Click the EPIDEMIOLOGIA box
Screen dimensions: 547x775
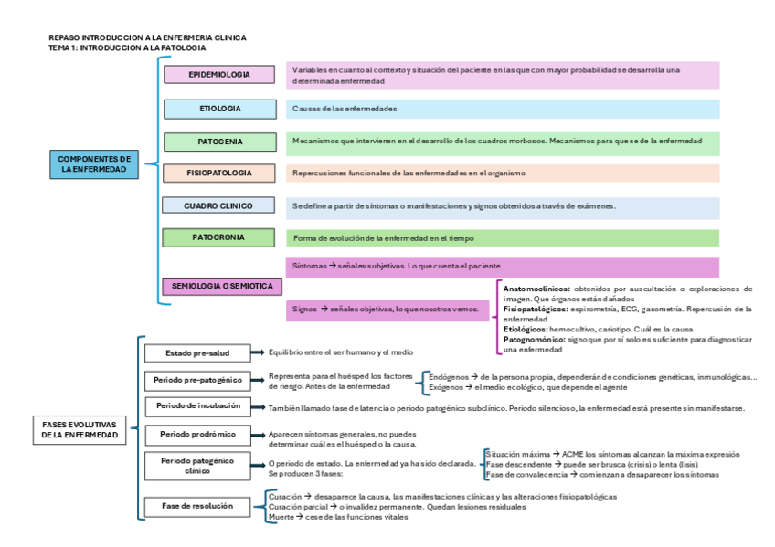pyautogui.click(x=219, y=74)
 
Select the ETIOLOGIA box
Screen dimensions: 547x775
pyautogui.click(x=219, y=109)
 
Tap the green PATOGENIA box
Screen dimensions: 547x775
pyautogui.click(x=219, y=142)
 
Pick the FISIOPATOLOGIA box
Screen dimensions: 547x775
pyautogui.click(x=219, y=173)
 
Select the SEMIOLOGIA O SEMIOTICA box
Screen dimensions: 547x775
pyautogui.click(x=222, y=286)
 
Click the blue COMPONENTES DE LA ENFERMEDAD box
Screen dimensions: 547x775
pyautogui.click(x=93, y=163)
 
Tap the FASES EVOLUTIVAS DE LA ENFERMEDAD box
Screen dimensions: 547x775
pyautogui.click(x=80, y=430)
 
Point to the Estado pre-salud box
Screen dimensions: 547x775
pyautogui.click(x=197, y=352)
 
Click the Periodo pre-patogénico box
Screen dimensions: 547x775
pyautogui.click(x=198, y=379)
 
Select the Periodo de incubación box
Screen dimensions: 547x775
pyautogui.click(x=198, y=405)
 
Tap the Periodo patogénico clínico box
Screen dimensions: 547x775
pyautogui.click(x=198, y=466)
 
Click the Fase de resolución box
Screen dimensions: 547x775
pyautogui.click(x=197, y=505)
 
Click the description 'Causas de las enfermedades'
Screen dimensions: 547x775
pyautogui.click(x=345, y=109)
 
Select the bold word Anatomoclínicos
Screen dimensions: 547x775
pyautogui.click(x=536, y=289)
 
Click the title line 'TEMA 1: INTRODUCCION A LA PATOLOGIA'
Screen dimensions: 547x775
pyautogui.click(x=126, y=47)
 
